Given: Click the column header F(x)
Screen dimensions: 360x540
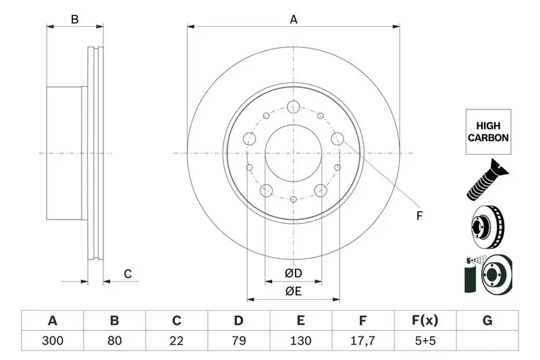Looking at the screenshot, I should [425, 320].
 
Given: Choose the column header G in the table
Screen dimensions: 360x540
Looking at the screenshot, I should [487, 320].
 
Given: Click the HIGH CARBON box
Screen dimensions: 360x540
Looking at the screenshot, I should [487, 132].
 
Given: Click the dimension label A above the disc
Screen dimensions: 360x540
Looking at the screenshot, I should [294, 20].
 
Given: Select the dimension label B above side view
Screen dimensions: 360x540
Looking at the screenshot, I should [75, 20].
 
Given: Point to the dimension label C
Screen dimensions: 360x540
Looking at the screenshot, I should [127, 274].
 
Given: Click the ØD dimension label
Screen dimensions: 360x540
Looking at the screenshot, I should [293, 274].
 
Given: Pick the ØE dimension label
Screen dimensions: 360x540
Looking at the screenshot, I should [293, 292].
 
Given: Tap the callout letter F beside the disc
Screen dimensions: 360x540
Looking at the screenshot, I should [419, 216].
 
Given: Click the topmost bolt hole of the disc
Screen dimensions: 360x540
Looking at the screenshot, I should [293, 106].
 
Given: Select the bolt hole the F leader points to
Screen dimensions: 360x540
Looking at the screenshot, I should [338, 140].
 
